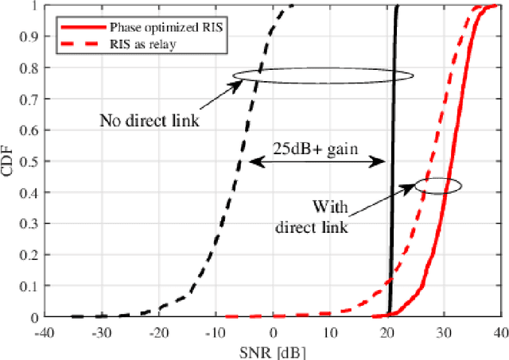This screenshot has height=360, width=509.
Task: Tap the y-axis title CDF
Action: [x=9, y=161]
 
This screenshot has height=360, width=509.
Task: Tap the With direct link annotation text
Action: [x=312, y=216]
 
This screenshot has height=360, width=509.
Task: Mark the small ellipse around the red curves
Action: [x=438, y=185]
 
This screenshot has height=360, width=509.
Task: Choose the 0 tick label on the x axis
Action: [x=274, y=331]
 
